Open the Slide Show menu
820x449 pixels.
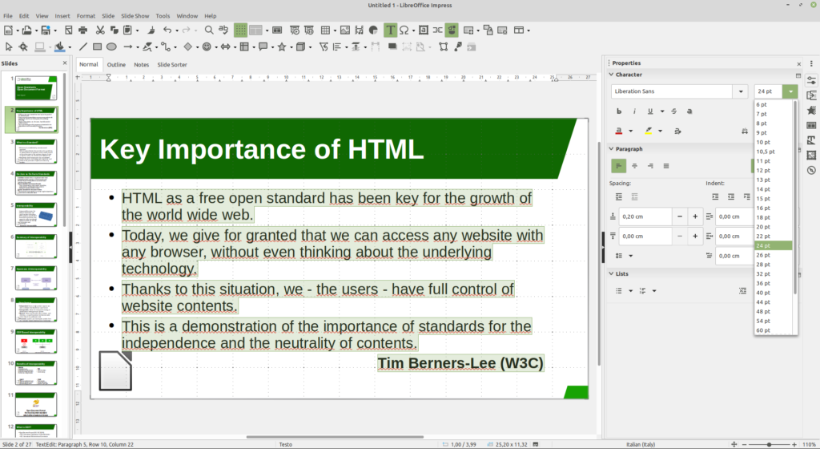(135, 16)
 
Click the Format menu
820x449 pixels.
(86, 16)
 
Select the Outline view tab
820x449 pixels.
(116, 64)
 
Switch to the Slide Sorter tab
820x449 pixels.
(172, 64)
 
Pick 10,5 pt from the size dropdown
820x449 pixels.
(766, 152)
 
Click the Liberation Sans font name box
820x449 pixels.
(673, 91)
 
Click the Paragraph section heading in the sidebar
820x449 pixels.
(629, 148)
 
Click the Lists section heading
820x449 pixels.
(622, 273)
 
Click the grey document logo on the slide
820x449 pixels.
(115, 370)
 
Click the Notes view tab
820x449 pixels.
(141, 64)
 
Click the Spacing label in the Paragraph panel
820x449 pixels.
(621, 183)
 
